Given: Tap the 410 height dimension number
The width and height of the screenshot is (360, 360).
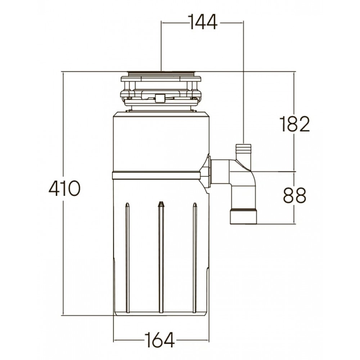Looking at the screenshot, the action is click(64, 188).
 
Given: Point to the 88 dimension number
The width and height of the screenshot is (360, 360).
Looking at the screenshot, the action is click(294, 195).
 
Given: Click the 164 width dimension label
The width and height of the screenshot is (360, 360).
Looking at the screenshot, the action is click(159, 340).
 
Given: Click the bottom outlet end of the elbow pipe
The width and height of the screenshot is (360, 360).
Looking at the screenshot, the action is click(243, 216).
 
